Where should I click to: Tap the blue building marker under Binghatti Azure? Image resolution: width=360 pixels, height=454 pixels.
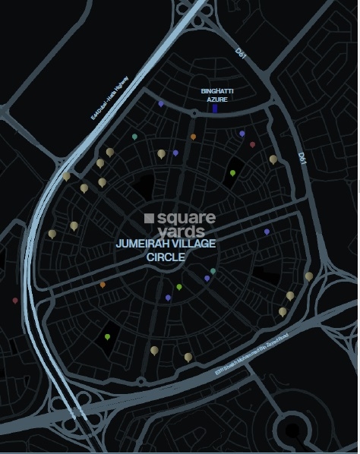215,109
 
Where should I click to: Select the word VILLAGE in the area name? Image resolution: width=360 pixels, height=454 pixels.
194,244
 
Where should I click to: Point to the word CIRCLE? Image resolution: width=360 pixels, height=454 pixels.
166,257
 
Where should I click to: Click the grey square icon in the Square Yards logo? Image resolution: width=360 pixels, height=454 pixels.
149,218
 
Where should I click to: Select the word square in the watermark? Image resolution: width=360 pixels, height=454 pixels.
186,219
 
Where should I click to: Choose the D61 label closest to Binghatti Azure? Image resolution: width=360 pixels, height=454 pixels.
240,55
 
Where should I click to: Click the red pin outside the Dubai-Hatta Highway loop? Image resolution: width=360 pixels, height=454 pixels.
15,301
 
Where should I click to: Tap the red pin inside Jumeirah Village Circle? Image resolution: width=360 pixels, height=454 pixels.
252,143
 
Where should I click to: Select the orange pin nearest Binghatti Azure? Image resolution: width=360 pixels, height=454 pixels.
193,137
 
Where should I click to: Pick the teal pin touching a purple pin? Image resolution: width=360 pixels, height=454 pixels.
213,271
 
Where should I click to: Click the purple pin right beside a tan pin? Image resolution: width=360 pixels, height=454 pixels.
175,153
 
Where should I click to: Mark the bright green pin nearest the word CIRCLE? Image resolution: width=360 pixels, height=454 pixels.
179,287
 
